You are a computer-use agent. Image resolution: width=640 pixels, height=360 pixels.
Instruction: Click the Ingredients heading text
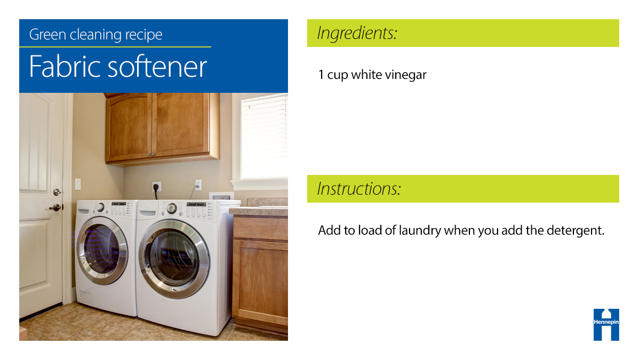[357, 33]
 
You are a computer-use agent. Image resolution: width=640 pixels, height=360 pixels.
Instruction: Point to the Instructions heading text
[359, 189]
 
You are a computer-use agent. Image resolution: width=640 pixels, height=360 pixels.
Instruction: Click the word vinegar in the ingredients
[407, 75]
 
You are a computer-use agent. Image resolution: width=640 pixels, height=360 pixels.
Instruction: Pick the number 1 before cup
[321, 75]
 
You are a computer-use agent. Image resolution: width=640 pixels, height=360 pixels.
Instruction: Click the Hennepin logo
[606, 324]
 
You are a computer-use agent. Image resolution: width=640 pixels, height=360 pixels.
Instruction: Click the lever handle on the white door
[55, 207]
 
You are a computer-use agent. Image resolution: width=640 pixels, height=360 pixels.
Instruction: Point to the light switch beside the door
[78, 184]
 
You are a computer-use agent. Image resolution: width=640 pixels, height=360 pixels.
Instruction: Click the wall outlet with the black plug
[156, 187]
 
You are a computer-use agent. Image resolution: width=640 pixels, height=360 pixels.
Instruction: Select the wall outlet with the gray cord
[198, 185]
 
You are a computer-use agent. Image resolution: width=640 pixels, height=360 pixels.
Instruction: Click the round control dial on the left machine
[100, 207]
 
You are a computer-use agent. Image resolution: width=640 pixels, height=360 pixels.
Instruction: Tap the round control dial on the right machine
[171, 209]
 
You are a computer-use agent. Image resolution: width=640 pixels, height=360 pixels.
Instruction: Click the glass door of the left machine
[101, 250]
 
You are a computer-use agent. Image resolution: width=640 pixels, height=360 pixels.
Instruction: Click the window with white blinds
[263, 137]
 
